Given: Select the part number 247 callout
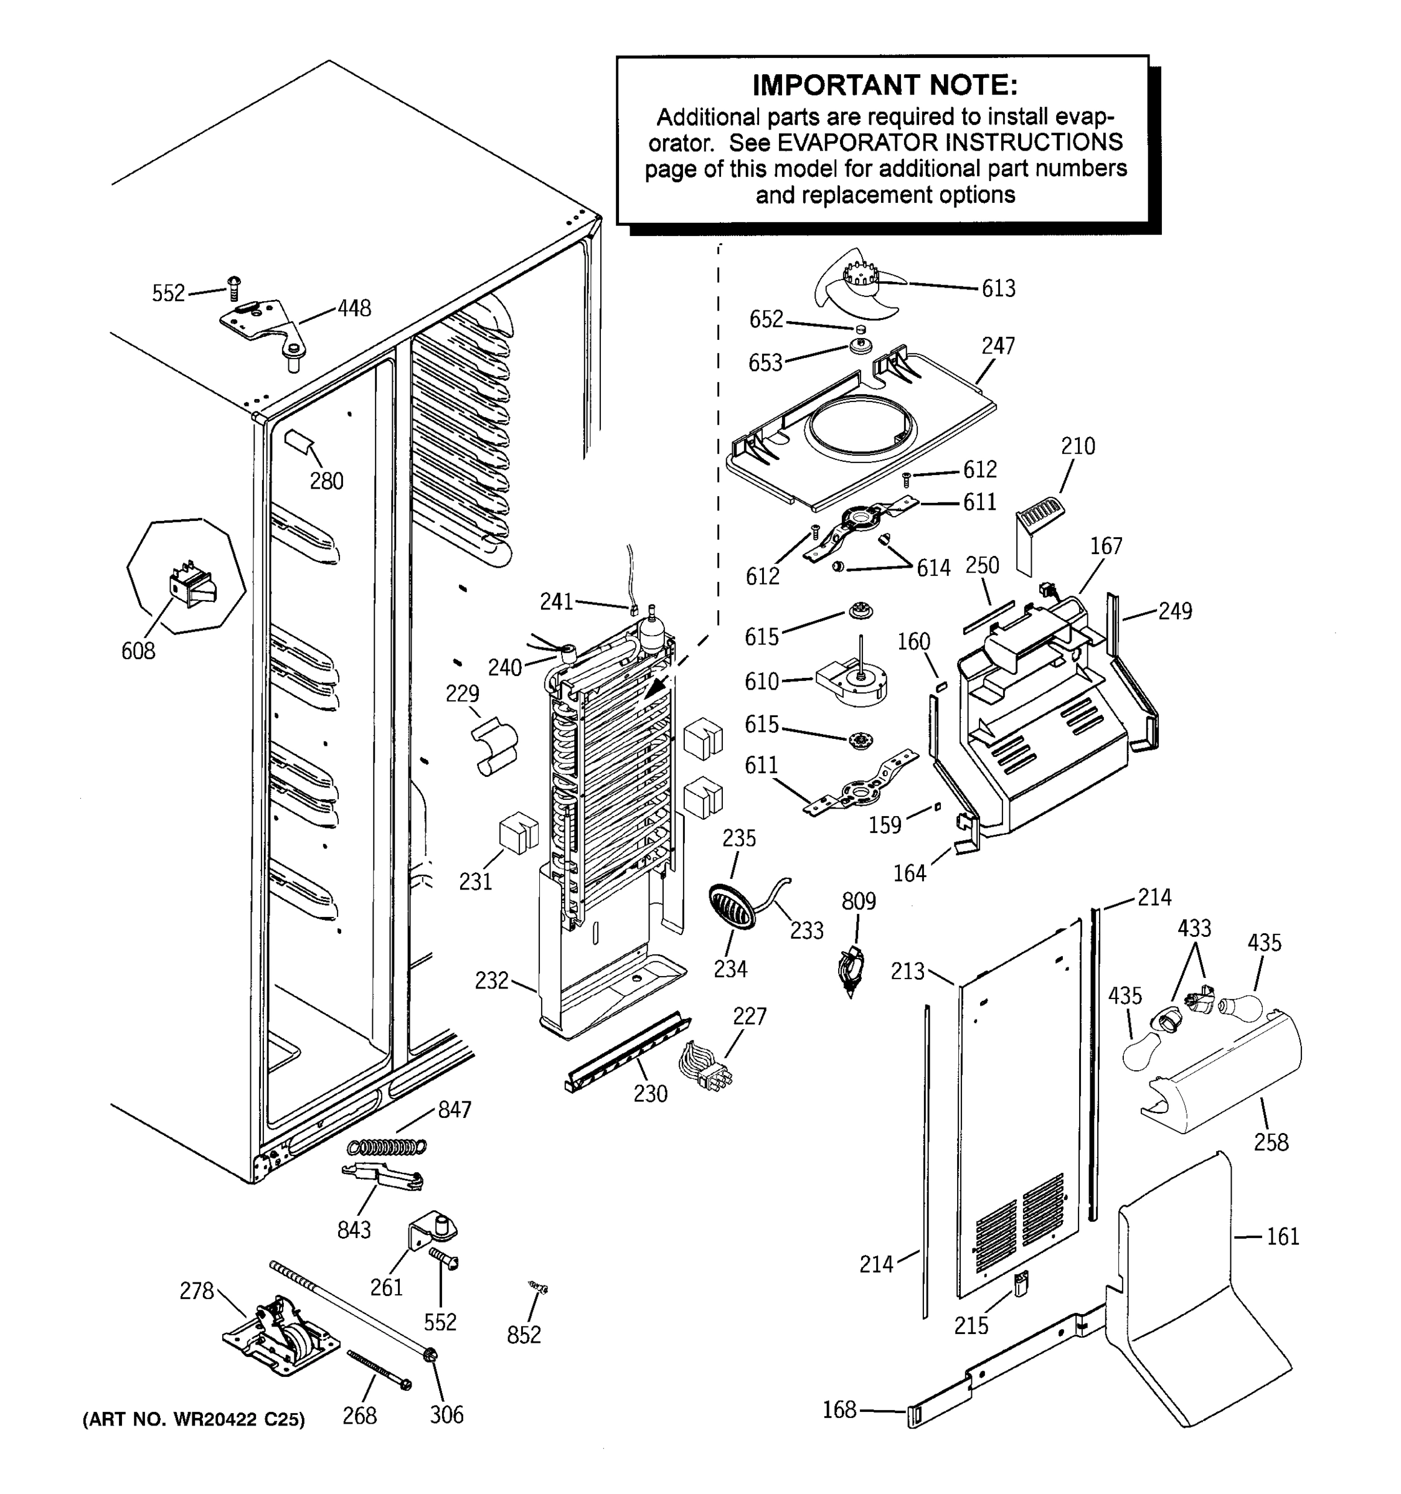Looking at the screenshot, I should (998, 345).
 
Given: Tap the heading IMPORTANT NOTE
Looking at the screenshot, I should (885, 85).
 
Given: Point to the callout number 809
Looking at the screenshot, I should (858, 900).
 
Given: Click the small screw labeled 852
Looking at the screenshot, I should (538, 1288).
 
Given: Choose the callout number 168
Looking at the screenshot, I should (839, 1409).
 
